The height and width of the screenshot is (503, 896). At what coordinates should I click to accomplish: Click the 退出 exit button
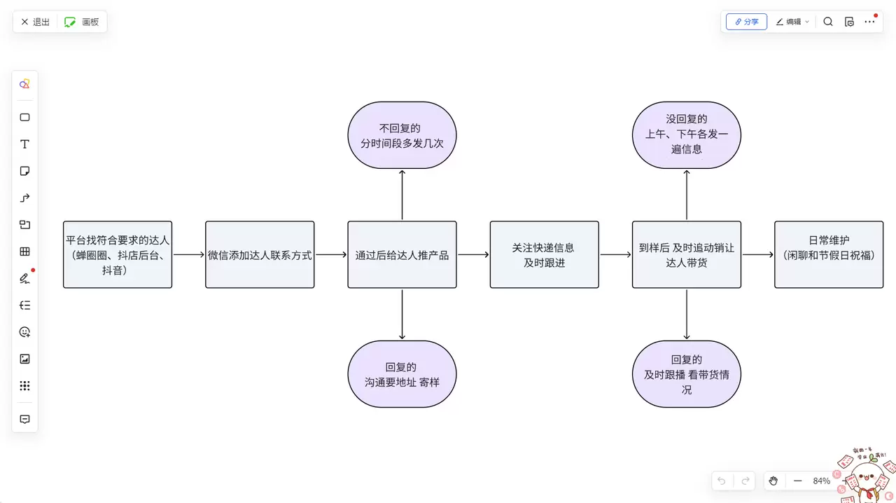(35, 22)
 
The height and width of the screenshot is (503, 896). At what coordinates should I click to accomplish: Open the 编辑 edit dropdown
(792, 22)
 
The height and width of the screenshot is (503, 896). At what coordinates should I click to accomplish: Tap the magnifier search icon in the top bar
(828, 22)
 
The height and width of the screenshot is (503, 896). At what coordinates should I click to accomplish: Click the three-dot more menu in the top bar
(869, 22)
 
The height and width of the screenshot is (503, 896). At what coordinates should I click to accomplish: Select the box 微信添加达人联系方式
(260, 255)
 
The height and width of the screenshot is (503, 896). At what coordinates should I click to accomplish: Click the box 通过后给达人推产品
(402, 255)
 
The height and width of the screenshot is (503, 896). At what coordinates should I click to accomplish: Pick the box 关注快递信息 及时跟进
(544, 255)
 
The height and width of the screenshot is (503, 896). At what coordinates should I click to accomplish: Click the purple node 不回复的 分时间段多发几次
(402, 135)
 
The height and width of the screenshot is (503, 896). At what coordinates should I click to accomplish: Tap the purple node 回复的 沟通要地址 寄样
(402, 374)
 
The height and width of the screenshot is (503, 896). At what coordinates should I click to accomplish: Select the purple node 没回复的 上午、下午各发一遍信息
(686, 135)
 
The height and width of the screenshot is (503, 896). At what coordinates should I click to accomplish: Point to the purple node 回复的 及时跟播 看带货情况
(686, 374)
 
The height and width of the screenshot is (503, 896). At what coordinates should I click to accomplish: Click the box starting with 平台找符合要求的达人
(118, 255)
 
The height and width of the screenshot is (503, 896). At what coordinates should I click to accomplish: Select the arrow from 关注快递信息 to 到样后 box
(615, 255)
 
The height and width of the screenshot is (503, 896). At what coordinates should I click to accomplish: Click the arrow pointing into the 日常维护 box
(757, 255)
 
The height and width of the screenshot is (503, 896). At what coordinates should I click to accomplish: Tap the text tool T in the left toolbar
(24, 144)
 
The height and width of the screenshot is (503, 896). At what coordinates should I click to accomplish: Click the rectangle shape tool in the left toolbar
(24, 118)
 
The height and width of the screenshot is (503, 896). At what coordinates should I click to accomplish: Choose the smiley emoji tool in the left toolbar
(24, 332)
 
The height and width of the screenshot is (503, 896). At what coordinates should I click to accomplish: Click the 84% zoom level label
(821, 481)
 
